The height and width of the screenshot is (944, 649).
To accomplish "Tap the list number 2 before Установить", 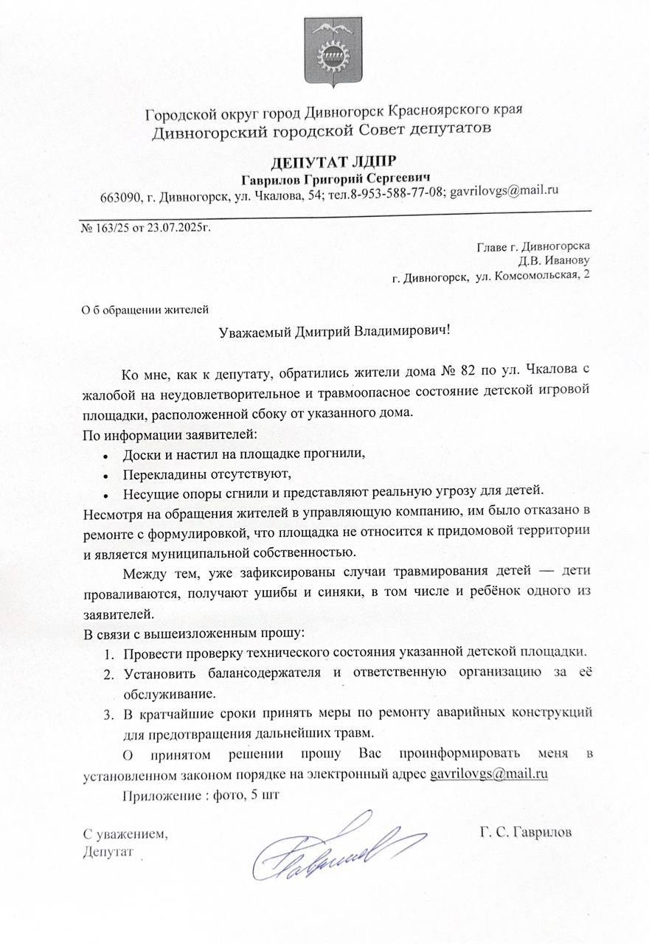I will (x=107, y=673).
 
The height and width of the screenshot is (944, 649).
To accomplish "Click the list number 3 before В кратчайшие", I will (x=107, y=713).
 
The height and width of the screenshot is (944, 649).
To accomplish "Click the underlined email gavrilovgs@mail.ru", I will (x=487, y=775).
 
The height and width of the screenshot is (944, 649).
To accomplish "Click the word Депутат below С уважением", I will (x=107, y=852).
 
